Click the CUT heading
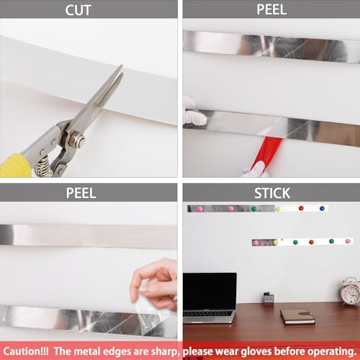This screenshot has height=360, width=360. [88, 9]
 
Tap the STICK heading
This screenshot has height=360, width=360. [271, 192]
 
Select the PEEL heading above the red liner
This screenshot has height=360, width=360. [271, 9]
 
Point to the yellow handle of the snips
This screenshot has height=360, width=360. [14, 166]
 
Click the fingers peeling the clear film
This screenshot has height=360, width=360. [153, 278]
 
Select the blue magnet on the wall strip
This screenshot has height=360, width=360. [322, 208]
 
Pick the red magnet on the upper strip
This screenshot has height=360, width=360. [301, 208]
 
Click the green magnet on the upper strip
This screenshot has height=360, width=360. [253, 209]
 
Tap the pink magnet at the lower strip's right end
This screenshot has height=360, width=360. [348, 241]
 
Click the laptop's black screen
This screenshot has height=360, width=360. [210, 291]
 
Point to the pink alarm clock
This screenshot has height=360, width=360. [351, 292]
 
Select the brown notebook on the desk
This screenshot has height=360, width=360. [297, 315]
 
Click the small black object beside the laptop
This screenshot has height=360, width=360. [269, 299]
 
